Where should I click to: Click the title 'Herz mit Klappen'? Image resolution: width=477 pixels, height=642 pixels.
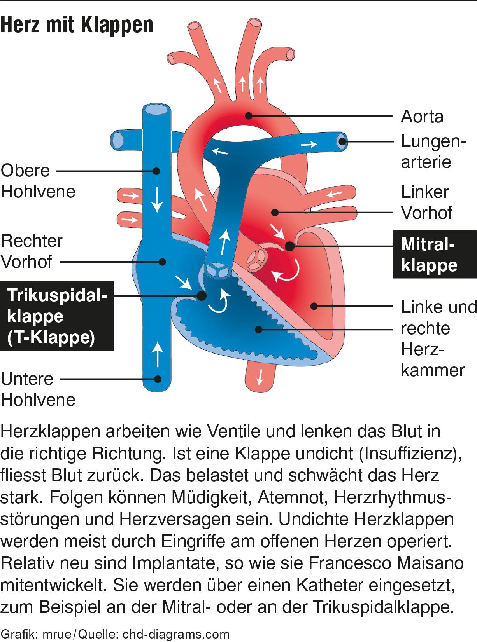(77, 25)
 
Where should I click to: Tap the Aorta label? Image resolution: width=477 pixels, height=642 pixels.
(422, 117)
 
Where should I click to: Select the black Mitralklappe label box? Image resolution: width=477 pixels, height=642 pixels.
(435, 255)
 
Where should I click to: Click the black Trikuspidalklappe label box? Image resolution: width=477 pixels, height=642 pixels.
(57, 316)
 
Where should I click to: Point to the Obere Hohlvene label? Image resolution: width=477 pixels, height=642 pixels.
(38, 181)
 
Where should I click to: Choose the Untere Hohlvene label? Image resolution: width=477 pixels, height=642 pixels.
(38, 389)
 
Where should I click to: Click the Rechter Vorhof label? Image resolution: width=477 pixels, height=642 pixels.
(32, 251)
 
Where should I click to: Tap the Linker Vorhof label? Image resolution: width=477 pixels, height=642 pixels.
(426, 202)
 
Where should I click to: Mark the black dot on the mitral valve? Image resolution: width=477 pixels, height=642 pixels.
(289, 246)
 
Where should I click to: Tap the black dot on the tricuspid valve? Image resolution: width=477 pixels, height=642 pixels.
(202, 296)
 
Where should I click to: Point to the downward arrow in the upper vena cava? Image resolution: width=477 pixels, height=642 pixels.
(158, 199)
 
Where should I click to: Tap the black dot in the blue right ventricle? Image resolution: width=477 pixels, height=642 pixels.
(258, 330)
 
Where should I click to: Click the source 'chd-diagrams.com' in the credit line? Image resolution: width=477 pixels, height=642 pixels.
(176, 634)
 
